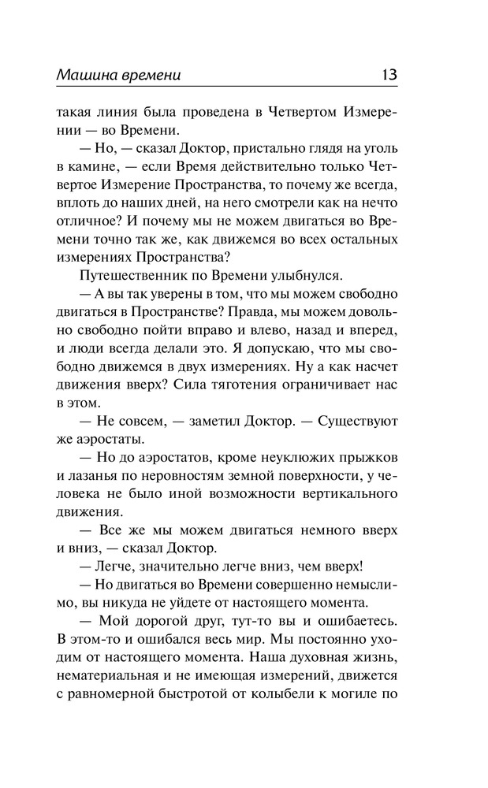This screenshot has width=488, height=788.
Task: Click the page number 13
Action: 388,76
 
